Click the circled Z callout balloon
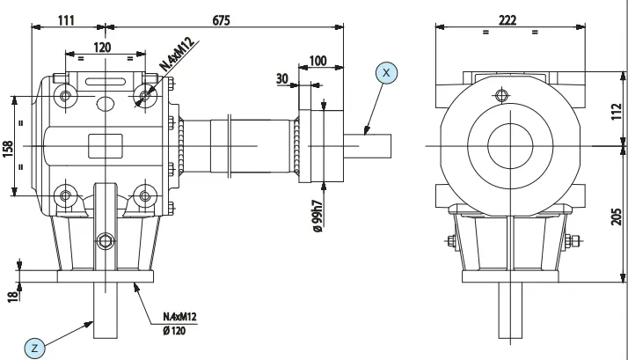(35, 348)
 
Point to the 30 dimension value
(282, 78)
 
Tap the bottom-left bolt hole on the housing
(64, 194)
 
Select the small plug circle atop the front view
(500, 94)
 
